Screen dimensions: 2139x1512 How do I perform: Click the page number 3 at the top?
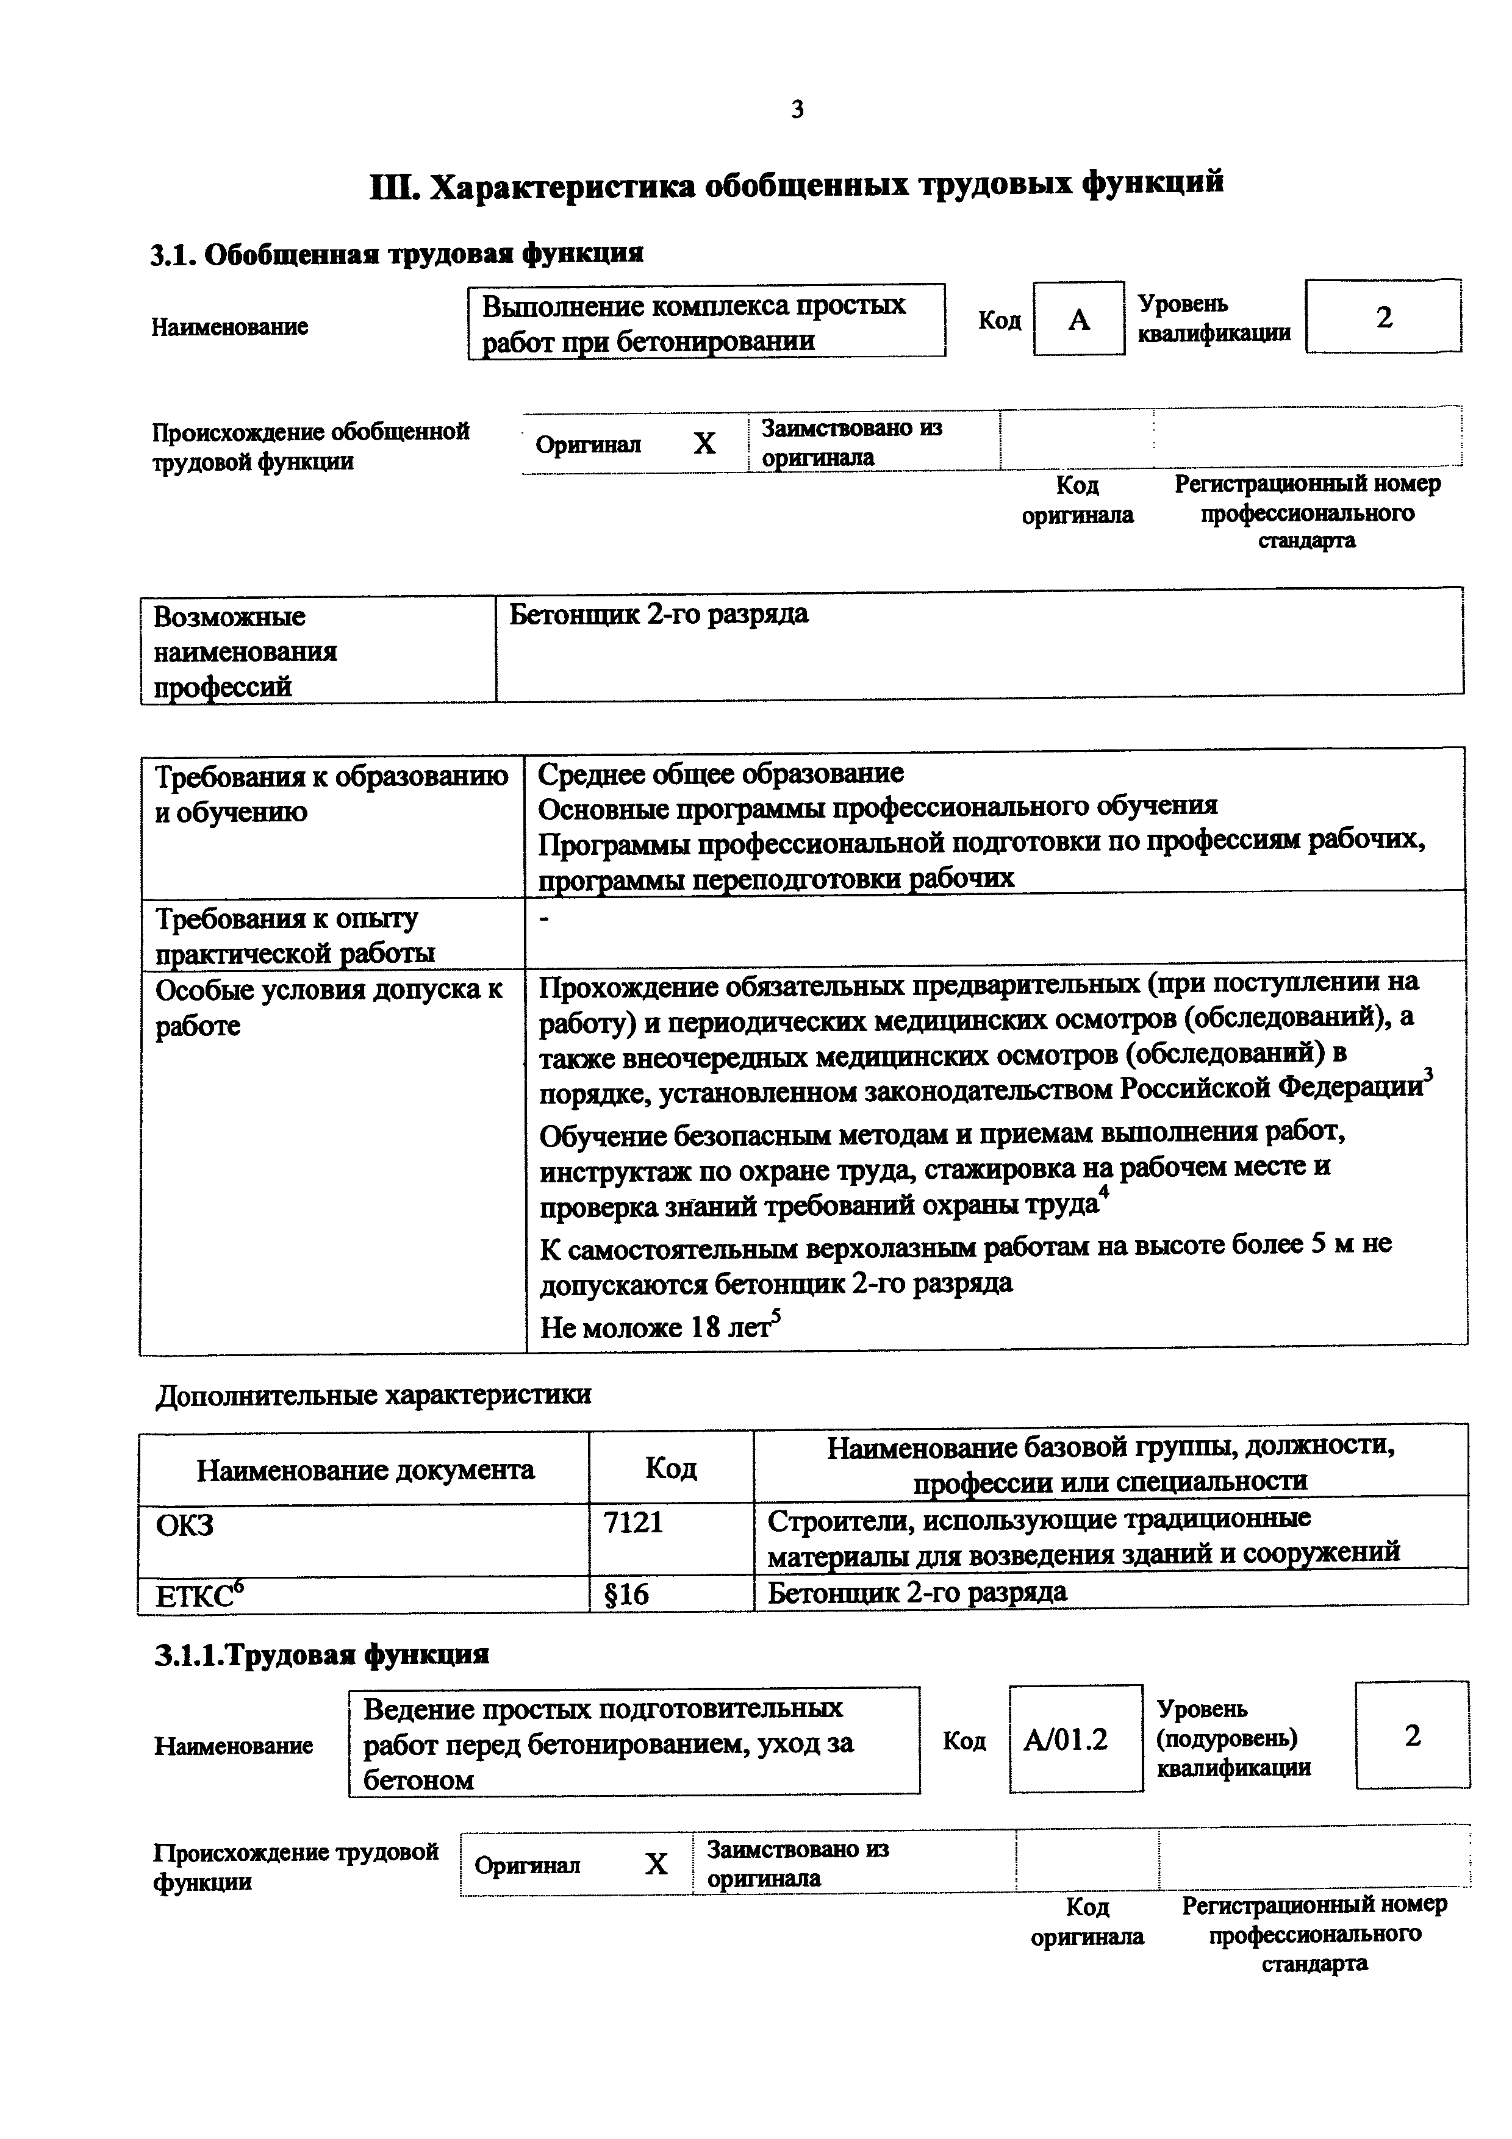click(797, 110)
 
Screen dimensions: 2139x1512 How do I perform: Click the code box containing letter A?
click(1079, 320)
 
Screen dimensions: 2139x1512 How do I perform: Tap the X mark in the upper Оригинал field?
click(704, 443)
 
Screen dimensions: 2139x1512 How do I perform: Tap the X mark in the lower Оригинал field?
click(657, 1864)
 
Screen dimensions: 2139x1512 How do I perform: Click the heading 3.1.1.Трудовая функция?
click(321, 1655)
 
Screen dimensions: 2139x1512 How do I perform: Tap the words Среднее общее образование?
click(720, 773)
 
